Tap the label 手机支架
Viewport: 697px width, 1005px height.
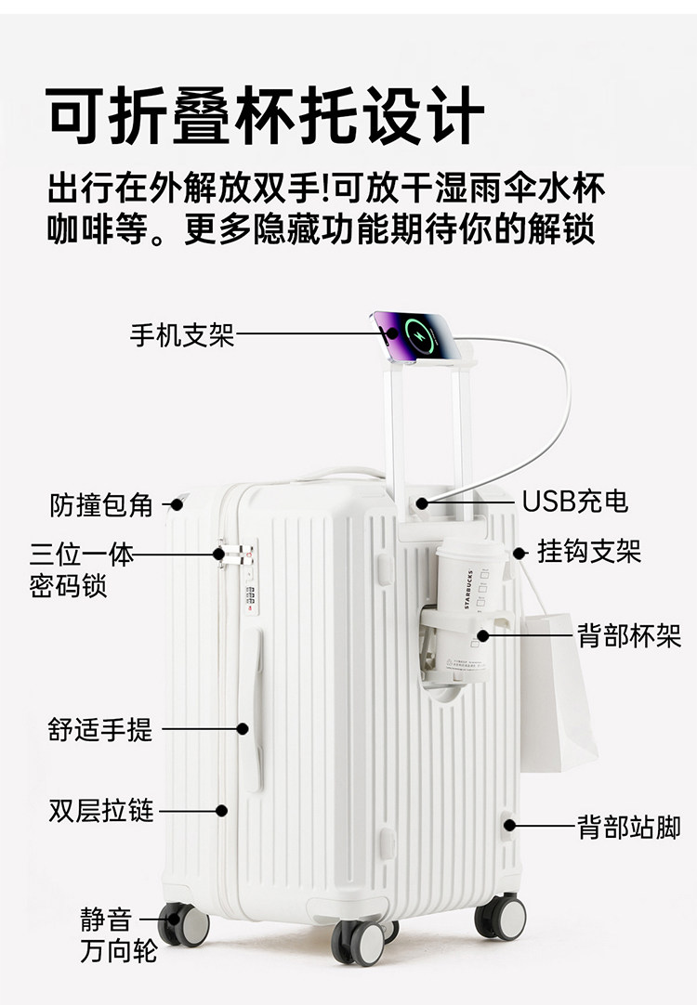tap(182, 335)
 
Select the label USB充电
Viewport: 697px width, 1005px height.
tap(574, 502)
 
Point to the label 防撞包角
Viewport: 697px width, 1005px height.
tap(101, 504)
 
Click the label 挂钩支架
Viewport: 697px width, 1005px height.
tap(589, 552)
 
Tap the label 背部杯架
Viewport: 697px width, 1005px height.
tap(629, 636)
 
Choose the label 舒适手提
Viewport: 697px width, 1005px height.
tap(100, 729)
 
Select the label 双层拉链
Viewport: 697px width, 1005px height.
tap(101, 810)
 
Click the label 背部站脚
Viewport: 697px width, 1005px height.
tap(629, 827)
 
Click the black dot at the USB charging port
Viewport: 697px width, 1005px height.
tap(422, 502)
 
